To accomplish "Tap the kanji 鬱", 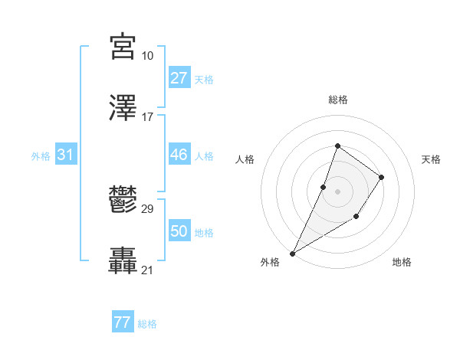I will click(123, 201).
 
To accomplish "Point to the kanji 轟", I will click(123, 260).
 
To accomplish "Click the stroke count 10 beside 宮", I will click(147, 56).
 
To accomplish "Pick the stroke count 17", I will click(147, 116).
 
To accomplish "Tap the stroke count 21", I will click(147, 270).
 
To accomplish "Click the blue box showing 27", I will click(179, 77).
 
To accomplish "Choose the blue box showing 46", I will click(179, 155).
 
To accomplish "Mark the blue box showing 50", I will click(179, 231).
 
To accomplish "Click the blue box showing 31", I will click(65, 155).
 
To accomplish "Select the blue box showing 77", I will click(122, 322).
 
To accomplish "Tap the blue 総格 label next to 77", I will click(147, 324).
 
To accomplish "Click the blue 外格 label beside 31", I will click(41, 156).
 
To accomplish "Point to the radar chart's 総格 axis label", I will click(337, 100).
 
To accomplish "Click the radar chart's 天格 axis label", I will click(431, 159).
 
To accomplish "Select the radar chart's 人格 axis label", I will click(245, 159).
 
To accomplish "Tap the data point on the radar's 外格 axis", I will click(293, 253).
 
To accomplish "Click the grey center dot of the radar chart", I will click(337, 191).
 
